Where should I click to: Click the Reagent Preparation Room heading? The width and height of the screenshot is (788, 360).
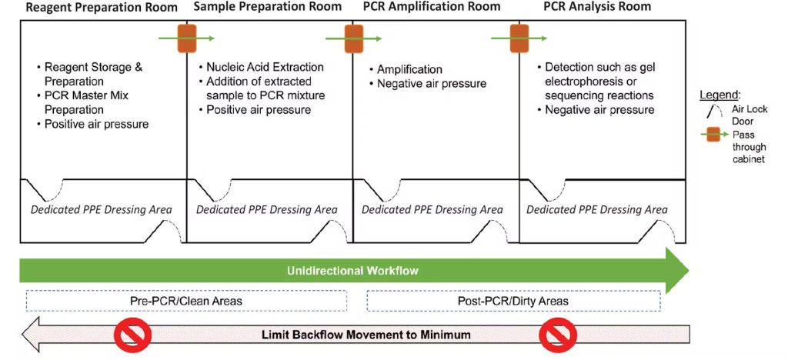(x=102, y=8)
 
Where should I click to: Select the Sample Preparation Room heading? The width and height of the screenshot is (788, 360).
(x=267, y=7)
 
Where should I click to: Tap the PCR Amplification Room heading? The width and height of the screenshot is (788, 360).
(x=431, y=7)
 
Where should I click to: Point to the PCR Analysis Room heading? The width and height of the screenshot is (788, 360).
(x=597, y=7)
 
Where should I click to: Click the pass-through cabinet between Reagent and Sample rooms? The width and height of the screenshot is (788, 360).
(x=187, y=38)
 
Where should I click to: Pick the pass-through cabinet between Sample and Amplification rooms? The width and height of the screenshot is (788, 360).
(x=353, y=38)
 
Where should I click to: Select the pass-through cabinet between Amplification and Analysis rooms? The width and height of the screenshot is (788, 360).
(x=519, y=38)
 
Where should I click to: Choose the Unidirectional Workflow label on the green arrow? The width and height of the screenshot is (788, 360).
(x=352, y=271)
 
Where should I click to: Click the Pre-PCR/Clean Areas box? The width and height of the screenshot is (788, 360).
(x=186, y=301)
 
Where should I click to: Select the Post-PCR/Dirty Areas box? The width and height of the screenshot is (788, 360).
(x=513, y=301)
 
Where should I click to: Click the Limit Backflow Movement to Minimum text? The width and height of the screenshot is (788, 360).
(x=366, y=335)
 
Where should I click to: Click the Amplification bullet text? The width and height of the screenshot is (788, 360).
(x=406, y=69)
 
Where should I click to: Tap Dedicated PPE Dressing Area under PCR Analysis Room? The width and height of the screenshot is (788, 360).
(x=597, y=209)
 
